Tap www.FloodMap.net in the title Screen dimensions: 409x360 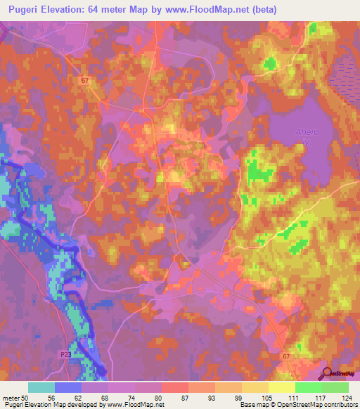coord(217,9)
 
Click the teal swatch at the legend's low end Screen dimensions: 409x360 coord(41,387)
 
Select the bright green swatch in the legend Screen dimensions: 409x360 coord(309,387)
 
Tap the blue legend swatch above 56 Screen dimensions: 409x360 coord(68,387)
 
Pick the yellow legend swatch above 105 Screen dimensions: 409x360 coord(255,387)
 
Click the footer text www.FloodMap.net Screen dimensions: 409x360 coord(134,405)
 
